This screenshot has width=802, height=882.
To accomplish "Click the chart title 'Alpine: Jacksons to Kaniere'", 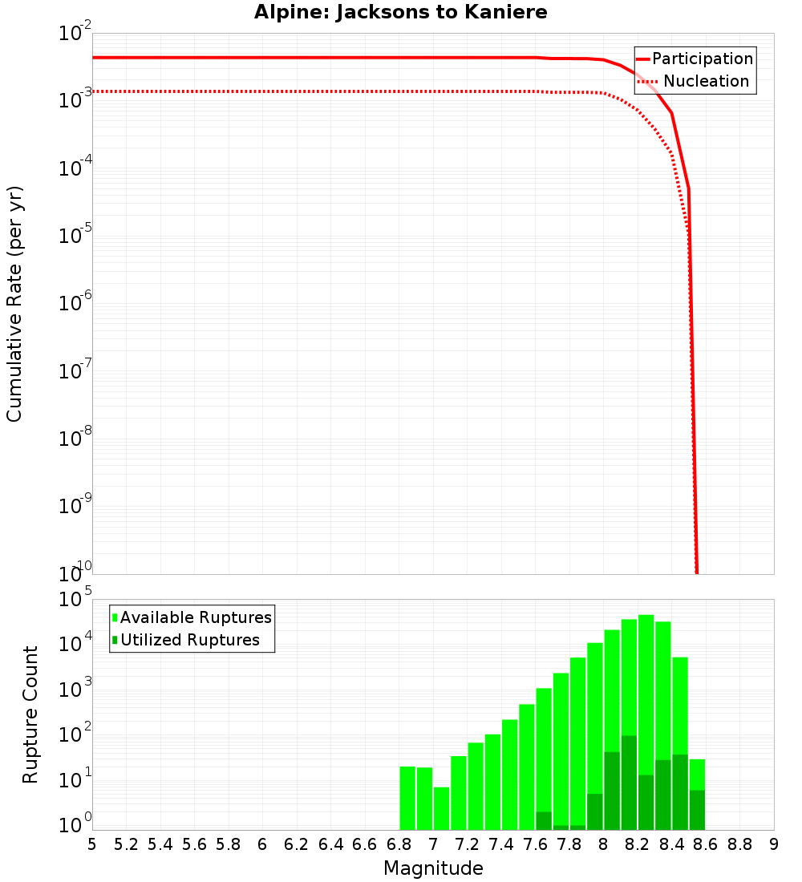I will click(400, 12).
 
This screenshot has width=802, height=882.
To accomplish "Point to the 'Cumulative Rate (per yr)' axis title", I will click(14, 303).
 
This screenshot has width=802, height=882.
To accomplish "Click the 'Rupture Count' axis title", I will click(30, 714).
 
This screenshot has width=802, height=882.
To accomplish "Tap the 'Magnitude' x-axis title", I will click(433, 868).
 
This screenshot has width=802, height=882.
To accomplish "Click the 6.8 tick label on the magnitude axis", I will click(399, 844).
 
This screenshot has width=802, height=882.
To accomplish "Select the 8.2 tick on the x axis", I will click(638, 844).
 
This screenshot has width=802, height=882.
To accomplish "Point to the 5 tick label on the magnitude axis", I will click(92, 844).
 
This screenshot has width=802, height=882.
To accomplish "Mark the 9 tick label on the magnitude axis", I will click(774, 844).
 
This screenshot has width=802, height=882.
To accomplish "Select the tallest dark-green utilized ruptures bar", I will click(629, 782).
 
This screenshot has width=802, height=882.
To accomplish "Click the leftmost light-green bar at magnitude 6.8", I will click(407, 798).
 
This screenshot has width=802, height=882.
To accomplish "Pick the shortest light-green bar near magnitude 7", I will click(441, 808).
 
